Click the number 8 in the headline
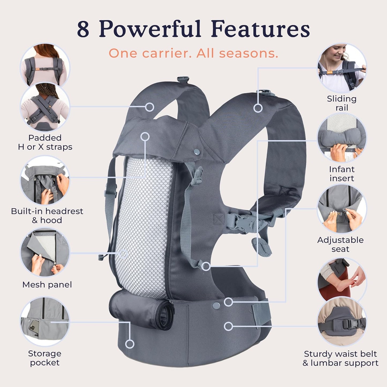[83, 29]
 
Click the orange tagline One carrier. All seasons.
[193, 53]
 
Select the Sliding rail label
[341, 103]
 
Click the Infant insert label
[341, 174]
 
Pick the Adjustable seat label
[340, 244]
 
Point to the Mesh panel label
[47, 284]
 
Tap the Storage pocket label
[45, 358]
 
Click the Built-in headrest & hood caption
[47, 216]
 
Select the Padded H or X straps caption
[45, 142]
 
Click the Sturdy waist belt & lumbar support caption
[340, 358]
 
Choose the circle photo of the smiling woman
[342, 67]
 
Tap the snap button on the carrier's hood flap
[197, 152]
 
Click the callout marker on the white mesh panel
[123, 253]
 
